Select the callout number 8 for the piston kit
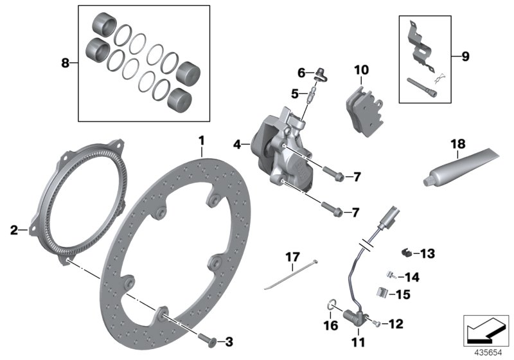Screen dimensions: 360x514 (x=64, y=63)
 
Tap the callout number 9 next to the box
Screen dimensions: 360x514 (x=465, y=57)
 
